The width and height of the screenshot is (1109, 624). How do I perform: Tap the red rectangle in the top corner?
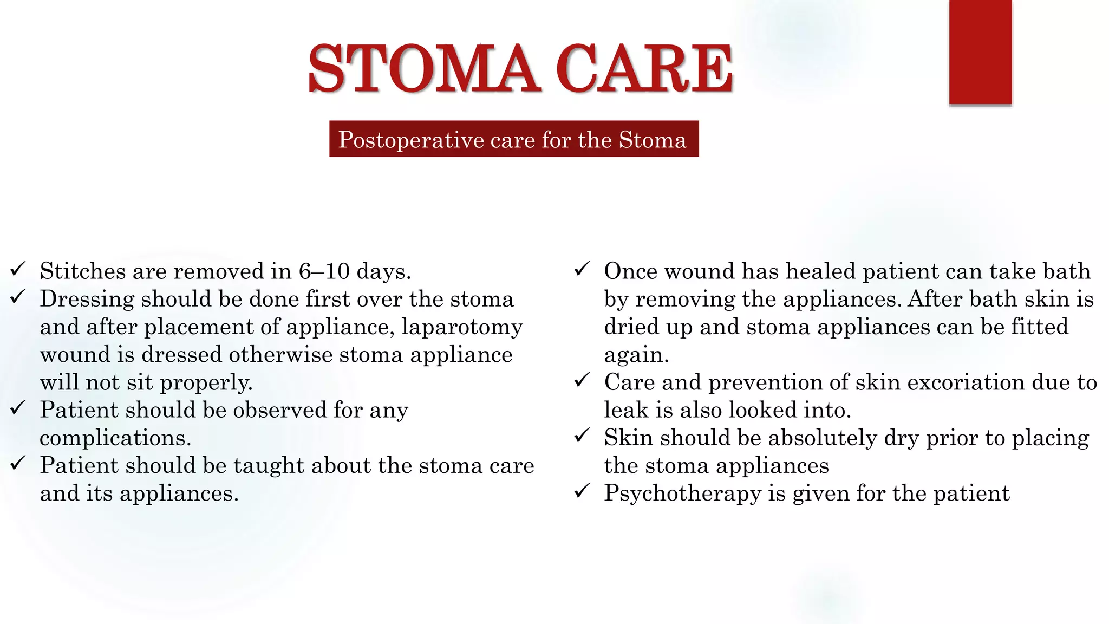click(x=980, y=52)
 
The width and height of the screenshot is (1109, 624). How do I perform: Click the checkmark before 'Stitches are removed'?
click(x=18, y=269)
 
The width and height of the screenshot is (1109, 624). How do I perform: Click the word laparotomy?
click(x=462, y=327)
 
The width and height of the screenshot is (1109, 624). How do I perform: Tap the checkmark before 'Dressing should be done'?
click(x=18, y=297)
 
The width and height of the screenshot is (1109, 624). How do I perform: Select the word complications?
click(x=115, y=438)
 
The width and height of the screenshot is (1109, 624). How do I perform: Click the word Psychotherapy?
click(x=682, y=493)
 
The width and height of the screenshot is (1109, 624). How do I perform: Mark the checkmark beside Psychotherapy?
click(x=582, y=491)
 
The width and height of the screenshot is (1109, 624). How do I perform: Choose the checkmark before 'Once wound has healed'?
click(x=582, y=269)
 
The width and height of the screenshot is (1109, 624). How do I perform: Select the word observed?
click(x=280, y=410)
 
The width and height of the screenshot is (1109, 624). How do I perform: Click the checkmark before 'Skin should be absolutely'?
click(x=582, y=435)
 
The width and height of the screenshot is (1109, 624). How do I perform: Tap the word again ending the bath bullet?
click(x=636, y=355)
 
